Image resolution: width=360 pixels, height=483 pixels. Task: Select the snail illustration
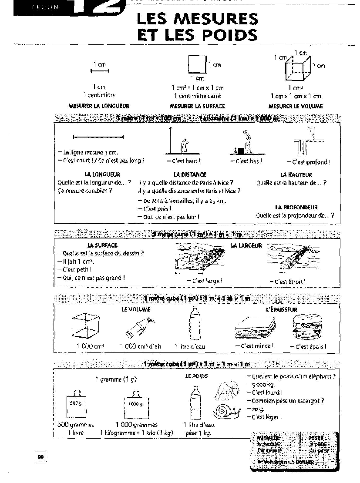click(226, 410)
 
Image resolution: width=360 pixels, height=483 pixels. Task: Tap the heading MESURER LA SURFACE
click(197, 106)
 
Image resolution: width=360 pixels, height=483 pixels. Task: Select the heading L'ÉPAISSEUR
click(281, 310)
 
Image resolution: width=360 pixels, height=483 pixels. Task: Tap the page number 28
click(40, 456)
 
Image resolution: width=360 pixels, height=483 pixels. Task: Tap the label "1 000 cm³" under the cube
click(90, 346)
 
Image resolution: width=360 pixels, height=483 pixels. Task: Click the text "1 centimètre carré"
click(197, 96)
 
